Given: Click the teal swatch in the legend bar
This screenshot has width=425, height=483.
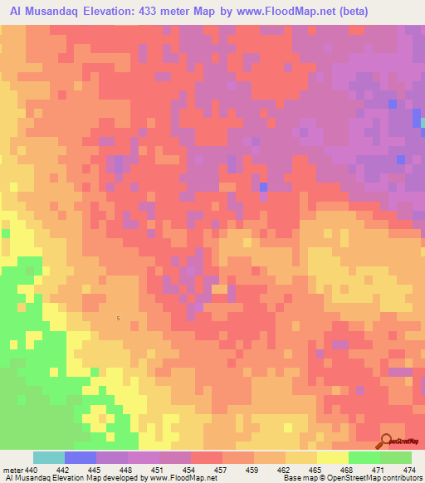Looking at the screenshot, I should pyautogui.click(x=49, y=457).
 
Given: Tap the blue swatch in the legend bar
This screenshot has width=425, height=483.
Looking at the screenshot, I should pyautogui.click(x=81, y=457).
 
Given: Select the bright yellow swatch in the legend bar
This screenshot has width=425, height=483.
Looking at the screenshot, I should pyautogui.click(x=333, y=457).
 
